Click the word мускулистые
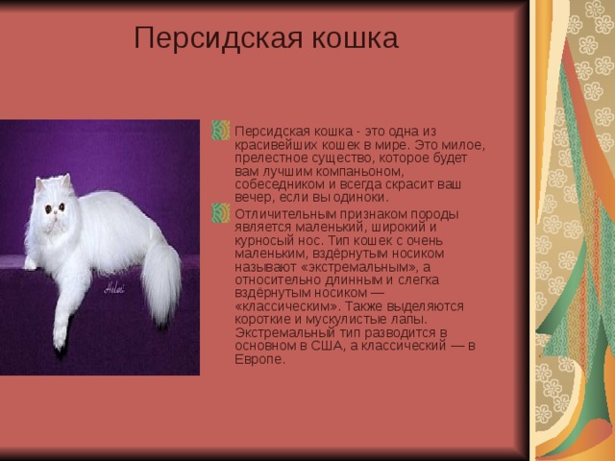pos(336,320)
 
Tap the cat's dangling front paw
pos(60,331)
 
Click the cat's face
pos(53,206)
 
